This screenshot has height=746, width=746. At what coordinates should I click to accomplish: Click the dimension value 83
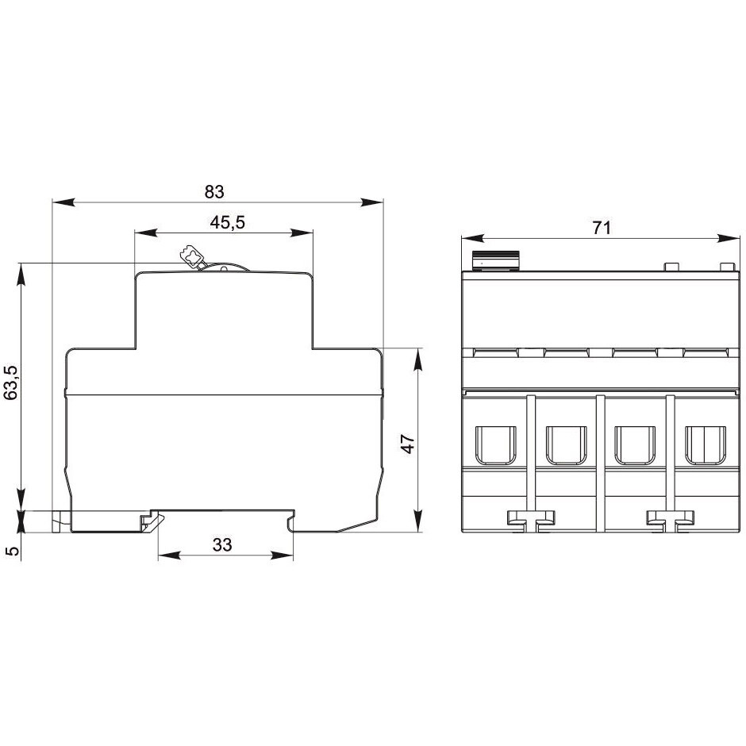tap(214, 191)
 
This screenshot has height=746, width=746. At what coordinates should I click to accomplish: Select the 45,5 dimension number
tap(228, 222)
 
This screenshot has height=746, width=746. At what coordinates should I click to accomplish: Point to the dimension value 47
tap(408, 444)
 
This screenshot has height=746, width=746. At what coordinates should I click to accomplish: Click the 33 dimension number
tap(222, 544)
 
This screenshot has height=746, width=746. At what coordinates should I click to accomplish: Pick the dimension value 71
tap(602, 228)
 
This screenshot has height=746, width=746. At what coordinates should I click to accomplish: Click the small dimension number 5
tap(13, 551)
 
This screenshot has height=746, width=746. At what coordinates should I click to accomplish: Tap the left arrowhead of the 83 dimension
tap(63, 202)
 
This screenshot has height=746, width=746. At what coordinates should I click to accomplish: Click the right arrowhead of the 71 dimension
tap(729, 238)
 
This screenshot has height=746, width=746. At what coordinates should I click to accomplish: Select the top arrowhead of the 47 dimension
tap(417, 360)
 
